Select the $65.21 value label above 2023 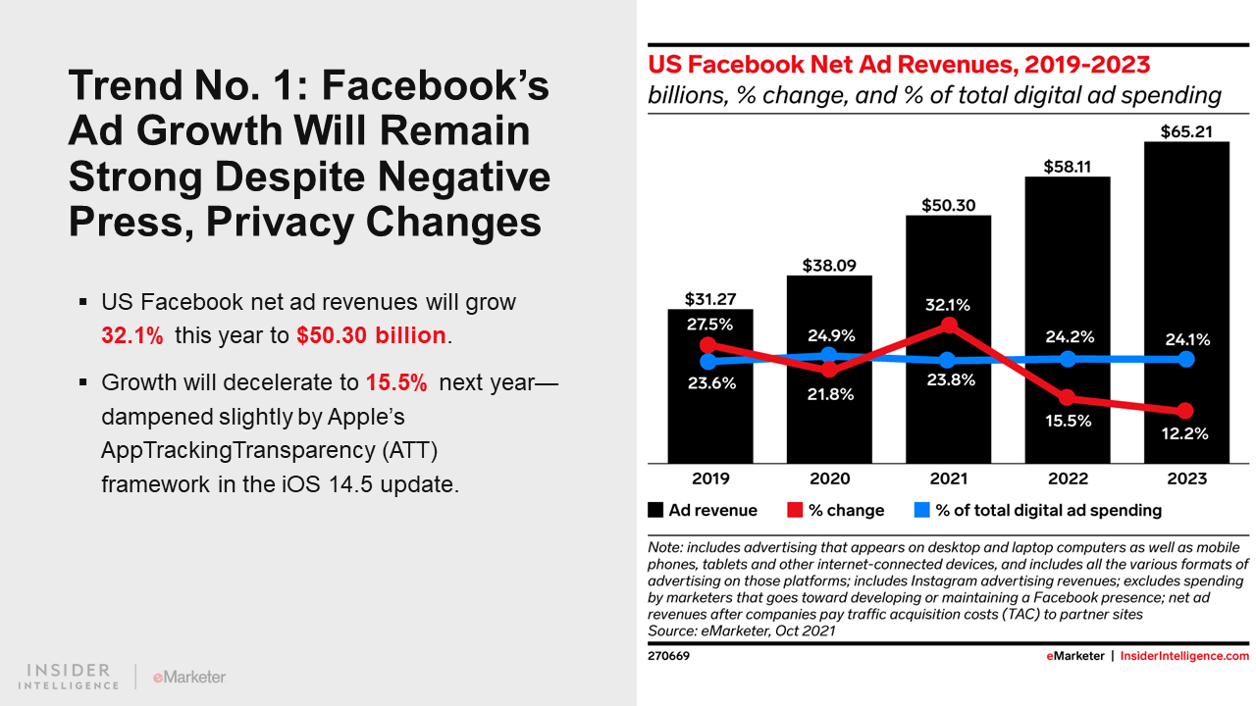pos(1186,129)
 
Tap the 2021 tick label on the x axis pos(948,479)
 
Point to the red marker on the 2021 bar pos(948,325)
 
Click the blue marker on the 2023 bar pos(1186,359)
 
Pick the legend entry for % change pos(836,510)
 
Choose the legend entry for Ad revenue pos(703,510)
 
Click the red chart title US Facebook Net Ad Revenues pos(898,66)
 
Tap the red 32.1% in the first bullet pos(132,335)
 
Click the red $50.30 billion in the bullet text pos(372,335)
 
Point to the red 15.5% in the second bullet pos(396,382)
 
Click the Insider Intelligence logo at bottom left pos(69,677)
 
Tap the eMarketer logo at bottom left pos(189,677)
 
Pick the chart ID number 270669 pos(668,656)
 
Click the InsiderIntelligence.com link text pos(1184,656)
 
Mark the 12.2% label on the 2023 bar pos(1186,433)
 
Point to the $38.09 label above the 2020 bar pos(829,265)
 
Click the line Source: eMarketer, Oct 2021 pos(742,630)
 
